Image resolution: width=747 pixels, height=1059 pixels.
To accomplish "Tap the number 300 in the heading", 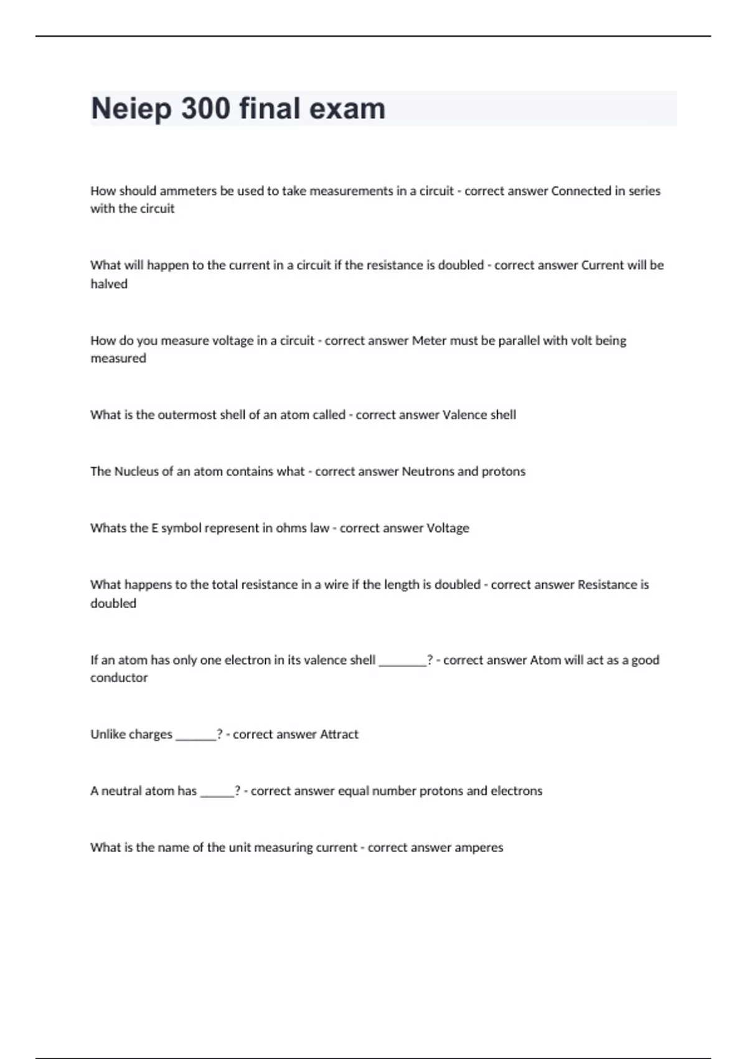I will point(205,108).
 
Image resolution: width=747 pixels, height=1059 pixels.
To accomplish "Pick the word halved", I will point(109,284).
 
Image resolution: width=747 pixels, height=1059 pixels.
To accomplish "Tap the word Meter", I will point(429,340).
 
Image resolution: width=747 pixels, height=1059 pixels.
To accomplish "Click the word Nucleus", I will point(136,472).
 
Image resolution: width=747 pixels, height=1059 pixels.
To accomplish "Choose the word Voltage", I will point(448,528).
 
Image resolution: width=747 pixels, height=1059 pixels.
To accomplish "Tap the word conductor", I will point(119,678).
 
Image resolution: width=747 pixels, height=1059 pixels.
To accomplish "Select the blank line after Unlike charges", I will point(195,737).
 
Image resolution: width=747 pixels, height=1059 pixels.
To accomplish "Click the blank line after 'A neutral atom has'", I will point(217,794).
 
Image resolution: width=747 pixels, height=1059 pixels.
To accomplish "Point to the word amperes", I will point(479,848).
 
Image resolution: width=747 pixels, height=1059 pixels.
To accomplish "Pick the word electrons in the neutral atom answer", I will point(516,791).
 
